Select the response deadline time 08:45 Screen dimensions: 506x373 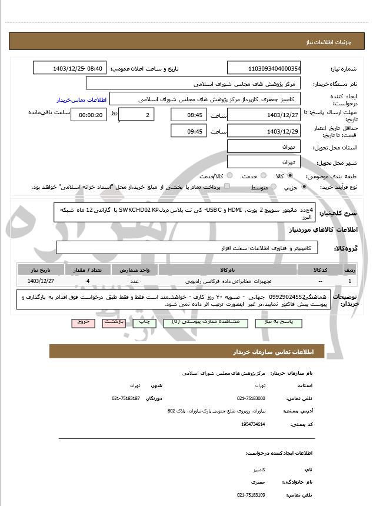pos(189,114)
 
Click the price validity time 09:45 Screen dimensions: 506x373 pos(189,131)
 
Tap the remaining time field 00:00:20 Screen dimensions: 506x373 pos(88,115)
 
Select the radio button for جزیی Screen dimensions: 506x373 pos(304,187)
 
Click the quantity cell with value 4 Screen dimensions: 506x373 pos(88,281)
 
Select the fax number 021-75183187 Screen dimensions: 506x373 pos(126,398)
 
